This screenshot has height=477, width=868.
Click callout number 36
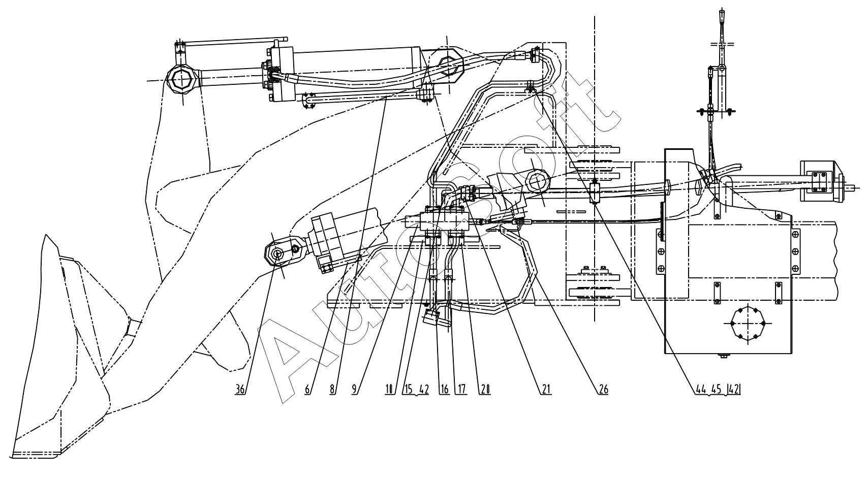[x=240, y=390]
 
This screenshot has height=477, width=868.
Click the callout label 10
[x=390, y=390]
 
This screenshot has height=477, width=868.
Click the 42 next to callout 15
[x=424, y=390]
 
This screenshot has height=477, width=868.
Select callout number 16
[x=445, y=390]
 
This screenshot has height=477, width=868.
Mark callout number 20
[x=485, y=390]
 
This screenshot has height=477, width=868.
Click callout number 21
[x=546, y=390]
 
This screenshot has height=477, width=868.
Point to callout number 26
[x=603, y=390]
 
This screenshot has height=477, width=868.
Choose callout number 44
[x=701, y=390]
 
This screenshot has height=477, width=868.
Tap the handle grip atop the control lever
[x=723, y=23]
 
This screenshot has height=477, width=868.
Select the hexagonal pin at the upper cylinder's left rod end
[x=182, y=80]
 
